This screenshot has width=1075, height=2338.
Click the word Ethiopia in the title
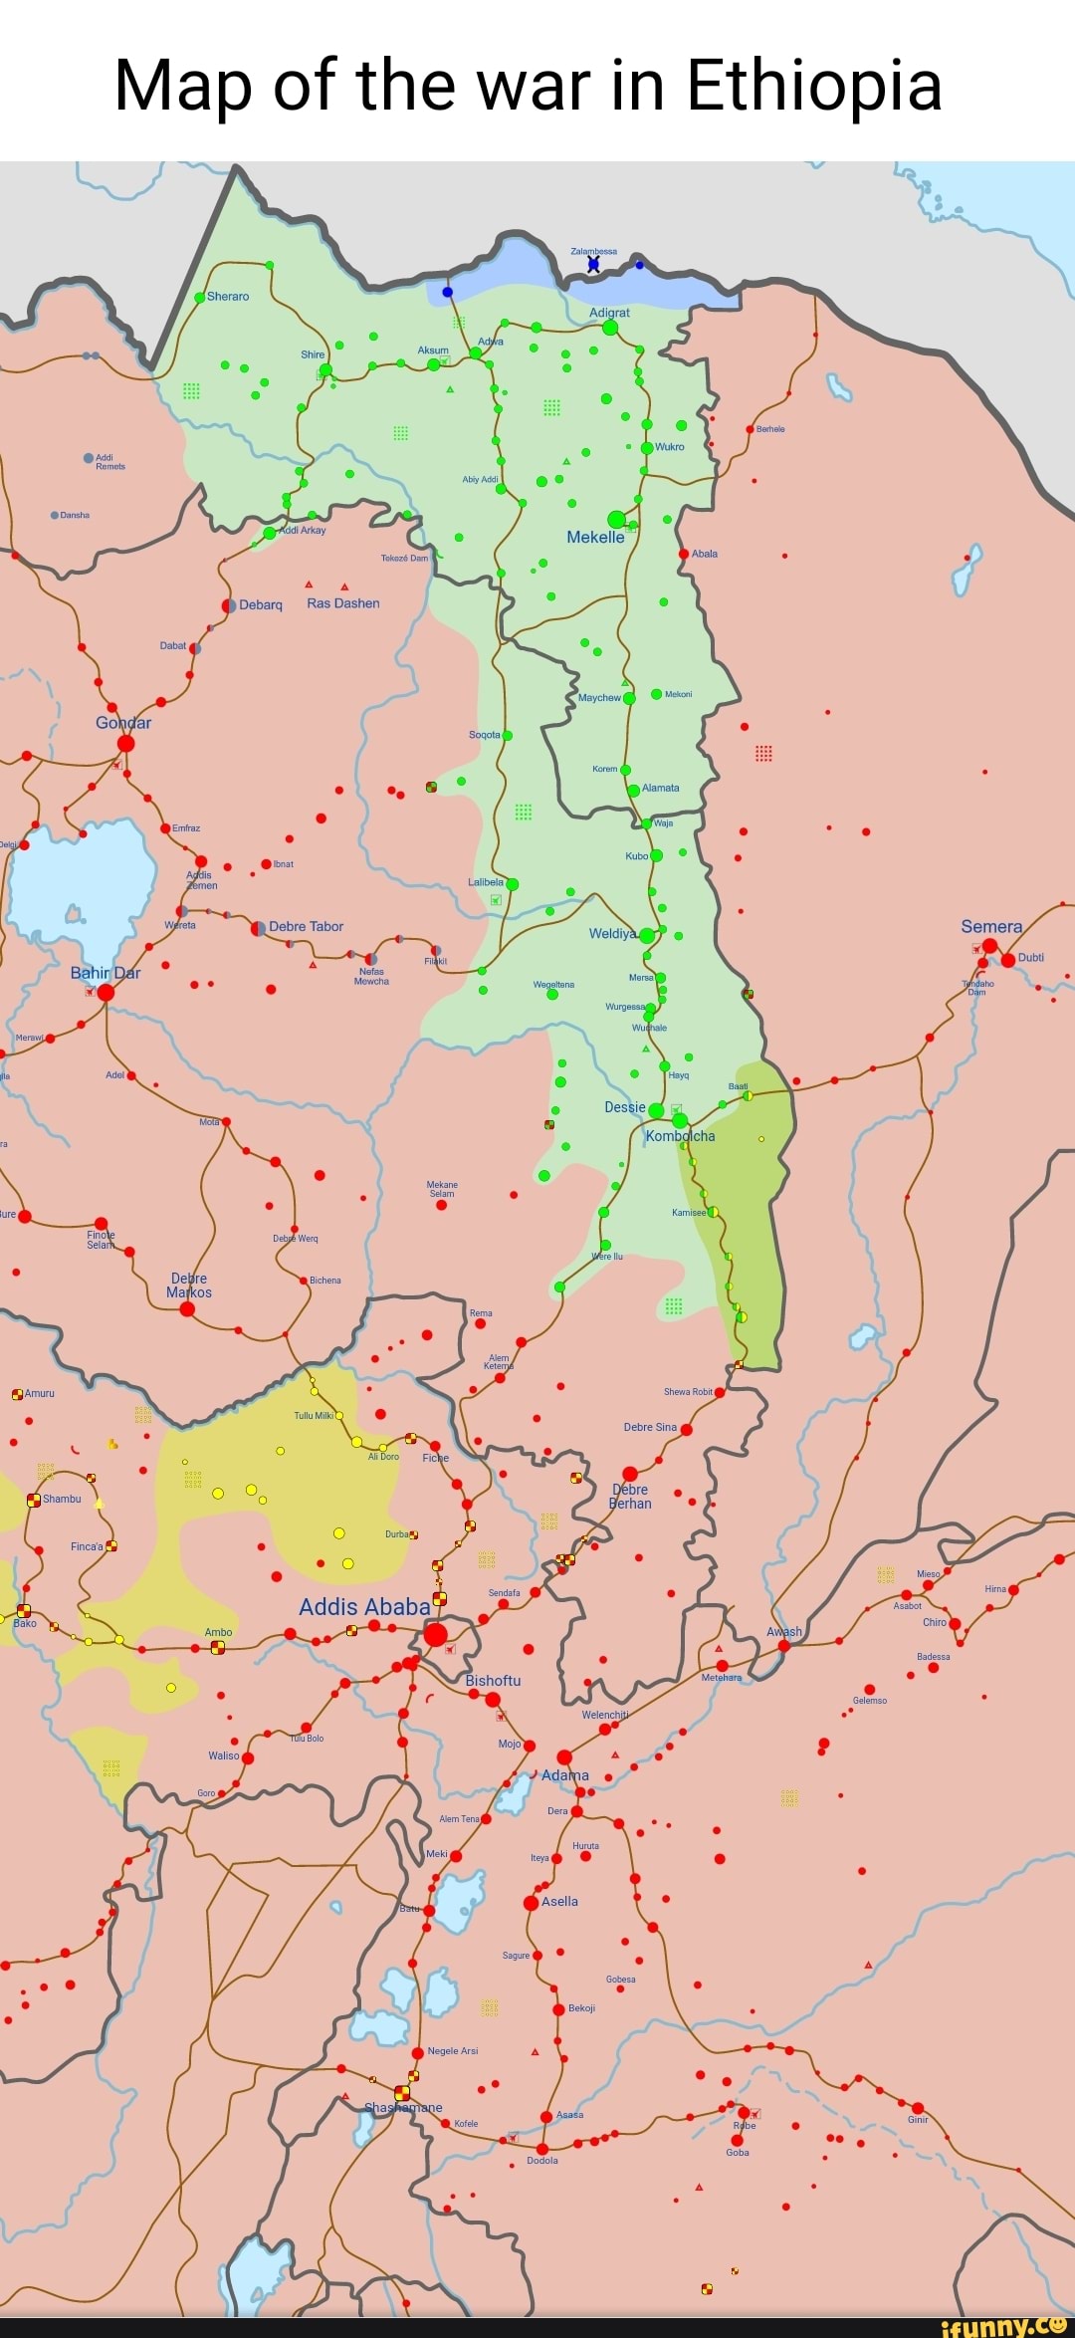tap(813, 86)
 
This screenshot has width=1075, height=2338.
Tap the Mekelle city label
tap(595, 537)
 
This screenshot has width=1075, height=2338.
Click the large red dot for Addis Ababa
tap(435, 1634)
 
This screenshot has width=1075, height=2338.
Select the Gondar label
tap(123, 723)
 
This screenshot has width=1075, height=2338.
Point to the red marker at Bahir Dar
tap(106, 992)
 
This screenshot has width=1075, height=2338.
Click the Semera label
tap(990, 926)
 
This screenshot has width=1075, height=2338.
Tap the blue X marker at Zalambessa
tap(594, 264)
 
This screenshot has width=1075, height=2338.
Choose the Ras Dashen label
tap(342, 603)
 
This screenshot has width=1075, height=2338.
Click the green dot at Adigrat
tap(610, 328)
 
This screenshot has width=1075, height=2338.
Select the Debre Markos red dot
tap(187, 1308)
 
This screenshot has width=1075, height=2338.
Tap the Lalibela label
tap(486, 882)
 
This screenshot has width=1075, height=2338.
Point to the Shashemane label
tap(403, 2107)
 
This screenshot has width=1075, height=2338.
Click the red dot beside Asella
tap(532, 1902)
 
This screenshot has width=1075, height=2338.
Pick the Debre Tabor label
tap(306, 926)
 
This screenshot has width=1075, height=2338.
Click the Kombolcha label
tap(680, 1136)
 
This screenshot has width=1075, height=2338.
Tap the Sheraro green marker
tap(199, 297)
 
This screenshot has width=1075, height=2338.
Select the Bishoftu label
tap(493, 1680)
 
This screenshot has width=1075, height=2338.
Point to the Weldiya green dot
tap(647, 935)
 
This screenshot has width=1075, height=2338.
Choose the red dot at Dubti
tap(1008, 960)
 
